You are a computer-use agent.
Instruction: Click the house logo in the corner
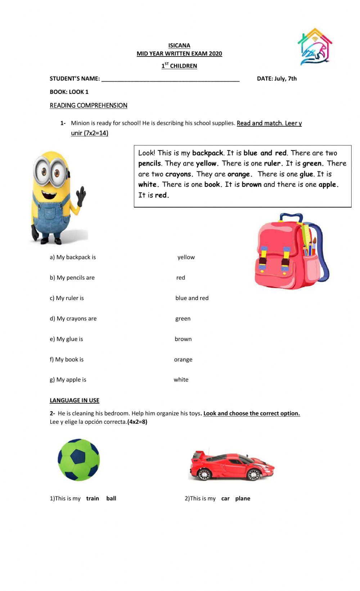(315, 47)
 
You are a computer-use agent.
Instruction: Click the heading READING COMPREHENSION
(89, 105)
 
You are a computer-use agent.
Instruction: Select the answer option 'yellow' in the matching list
(186, 257)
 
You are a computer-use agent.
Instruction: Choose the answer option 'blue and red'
(192, 298)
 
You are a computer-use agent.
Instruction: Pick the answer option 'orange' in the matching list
(183, 359)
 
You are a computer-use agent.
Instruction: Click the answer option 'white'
(181, 379)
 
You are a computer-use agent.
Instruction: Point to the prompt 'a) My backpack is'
(73, 257)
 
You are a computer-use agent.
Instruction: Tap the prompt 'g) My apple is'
(68, 379)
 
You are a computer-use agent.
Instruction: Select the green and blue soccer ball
(79, 460)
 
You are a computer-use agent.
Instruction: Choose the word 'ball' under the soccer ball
(111, 499)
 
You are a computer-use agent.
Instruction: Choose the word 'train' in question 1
(93, 499)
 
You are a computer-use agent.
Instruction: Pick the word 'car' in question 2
(225, 499)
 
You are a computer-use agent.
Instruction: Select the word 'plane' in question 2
(243, 499)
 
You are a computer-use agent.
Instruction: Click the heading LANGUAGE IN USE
(75, 400)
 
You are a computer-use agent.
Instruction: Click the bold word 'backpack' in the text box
(208, 153)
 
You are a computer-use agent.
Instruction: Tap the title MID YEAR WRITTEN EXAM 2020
(179, 54)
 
